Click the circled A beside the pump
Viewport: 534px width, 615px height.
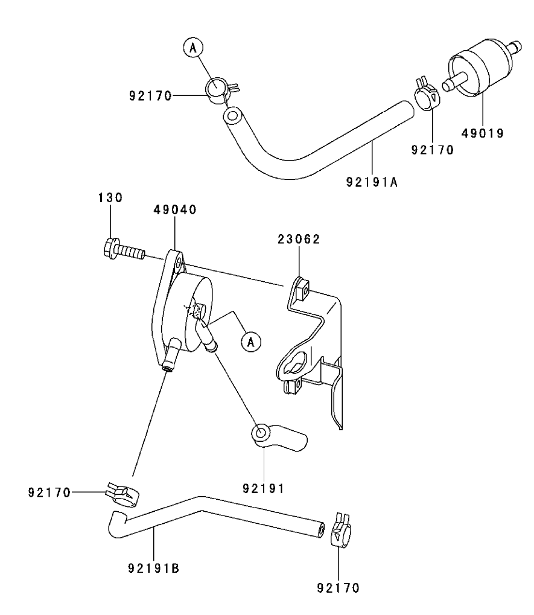(252, 341)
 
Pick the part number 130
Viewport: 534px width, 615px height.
(110, 197)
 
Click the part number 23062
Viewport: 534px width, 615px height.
(299, 239)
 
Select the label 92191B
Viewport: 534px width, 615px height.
(154, 568)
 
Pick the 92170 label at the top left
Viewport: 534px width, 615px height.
(150, 95)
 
